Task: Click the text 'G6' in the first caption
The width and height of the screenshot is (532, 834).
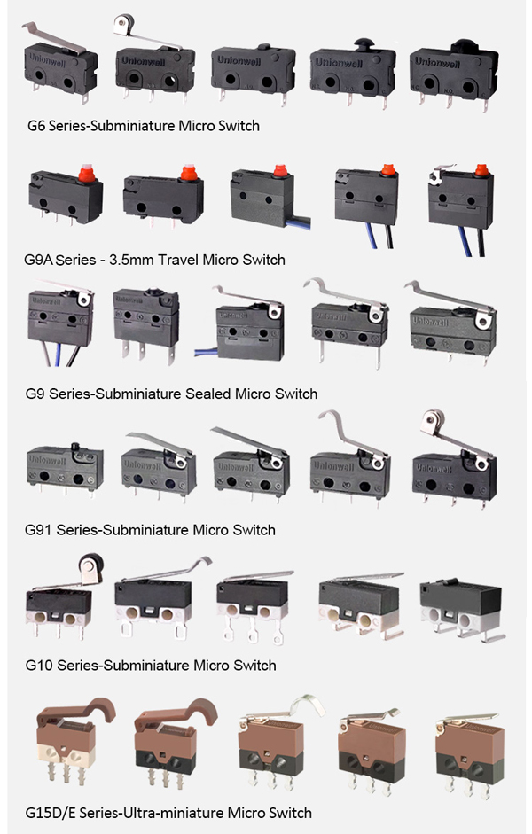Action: (x=36, y=126)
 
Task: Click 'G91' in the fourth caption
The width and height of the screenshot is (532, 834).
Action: (x=38, y=530)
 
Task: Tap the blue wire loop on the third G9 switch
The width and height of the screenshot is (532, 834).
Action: (x=207, y=352)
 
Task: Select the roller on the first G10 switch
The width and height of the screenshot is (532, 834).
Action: (x=90, y=561)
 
